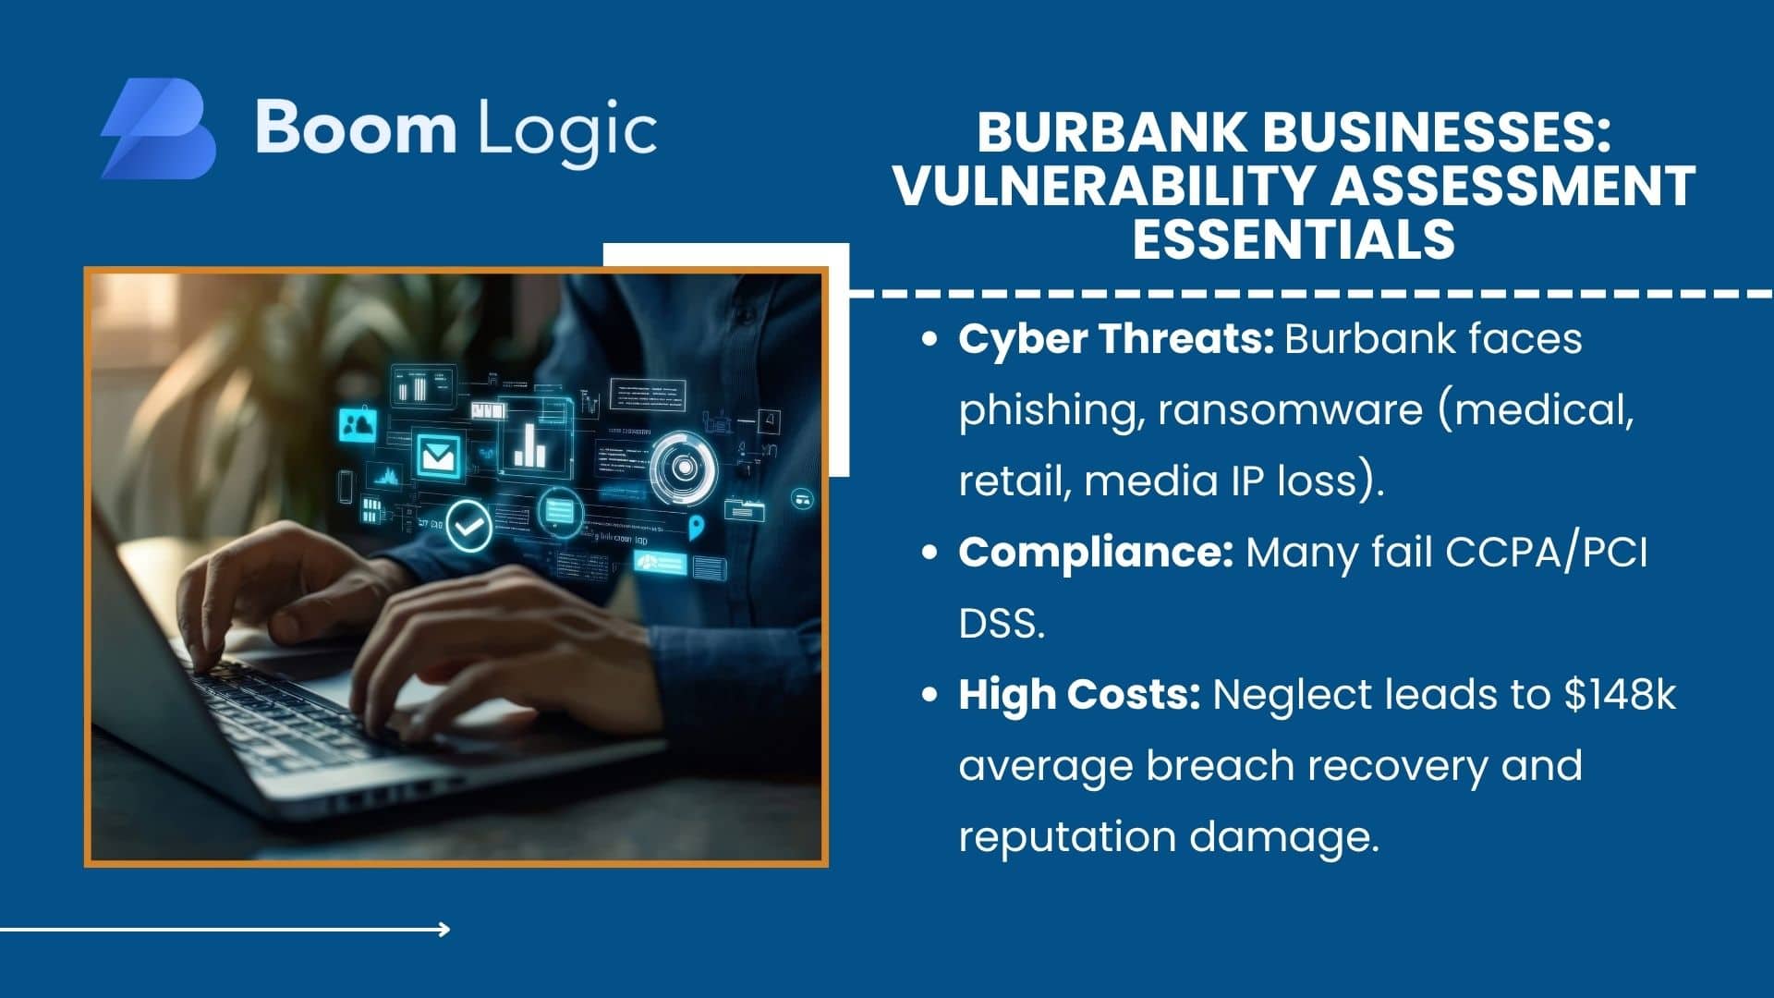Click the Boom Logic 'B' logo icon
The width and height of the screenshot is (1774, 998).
tap(158, 128)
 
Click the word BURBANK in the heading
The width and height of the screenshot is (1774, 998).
tap(1112, 132)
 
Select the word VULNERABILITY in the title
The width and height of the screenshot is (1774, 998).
tap(1103, 186)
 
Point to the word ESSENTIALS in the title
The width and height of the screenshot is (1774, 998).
tap(1294, 239)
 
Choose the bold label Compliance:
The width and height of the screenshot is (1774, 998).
tap(1096, 554)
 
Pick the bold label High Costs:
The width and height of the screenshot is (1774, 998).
tap(1079, 695)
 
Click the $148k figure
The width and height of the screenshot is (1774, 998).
tap(1620, 695)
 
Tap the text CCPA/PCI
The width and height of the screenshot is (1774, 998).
tap(1546, 554)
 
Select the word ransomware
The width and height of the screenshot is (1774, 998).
tap(1290, 410)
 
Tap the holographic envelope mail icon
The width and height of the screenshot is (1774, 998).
tap(438, 454)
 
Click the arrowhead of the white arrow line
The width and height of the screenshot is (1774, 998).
tap(444, 929)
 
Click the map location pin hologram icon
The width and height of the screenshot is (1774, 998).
tap(696, 528)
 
